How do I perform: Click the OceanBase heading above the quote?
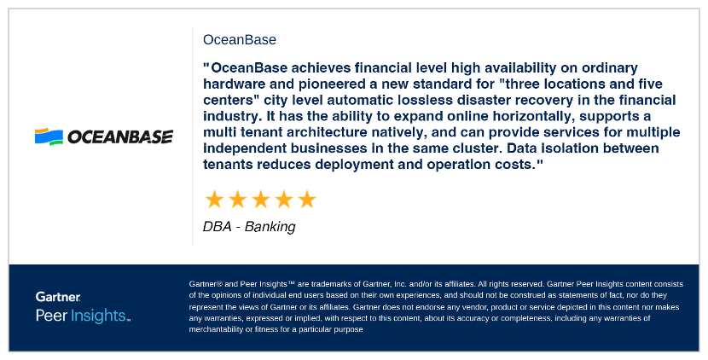(240, 39)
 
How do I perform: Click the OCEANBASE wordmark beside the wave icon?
(119, 136)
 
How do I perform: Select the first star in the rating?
(215, 200)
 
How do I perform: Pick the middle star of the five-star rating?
(260, 200)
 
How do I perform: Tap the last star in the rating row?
(306, 200)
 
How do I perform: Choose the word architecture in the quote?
(350, 132)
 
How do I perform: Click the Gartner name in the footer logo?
(58, 297)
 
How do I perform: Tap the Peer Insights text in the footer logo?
(83, 316)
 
